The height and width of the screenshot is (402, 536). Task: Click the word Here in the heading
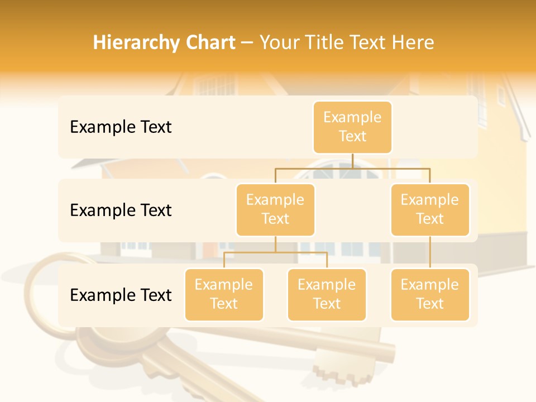(x=414, y=43)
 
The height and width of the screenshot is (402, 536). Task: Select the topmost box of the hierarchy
(x=352, y=127)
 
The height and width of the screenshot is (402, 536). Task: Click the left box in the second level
(x=275, y=209)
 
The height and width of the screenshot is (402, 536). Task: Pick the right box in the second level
(x=430, y=209)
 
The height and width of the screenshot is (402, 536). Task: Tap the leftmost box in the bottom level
(x=224, y=294)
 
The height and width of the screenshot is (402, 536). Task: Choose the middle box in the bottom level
(x=327, y=294)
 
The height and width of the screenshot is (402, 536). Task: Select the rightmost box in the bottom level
(x=430, y=294)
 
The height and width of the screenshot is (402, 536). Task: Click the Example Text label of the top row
(x=121, y=127)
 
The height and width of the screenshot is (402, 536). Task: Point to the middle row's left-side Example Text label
(x=121, y=210)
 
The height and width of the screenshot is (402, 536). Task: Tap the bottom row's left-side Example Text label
(x=121, y=295)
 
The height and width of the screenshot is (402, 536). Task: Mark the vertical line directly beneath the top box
(x=352, y=161)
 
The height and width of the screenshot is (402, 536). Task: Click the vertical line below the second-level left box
(x=275, y=244)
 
